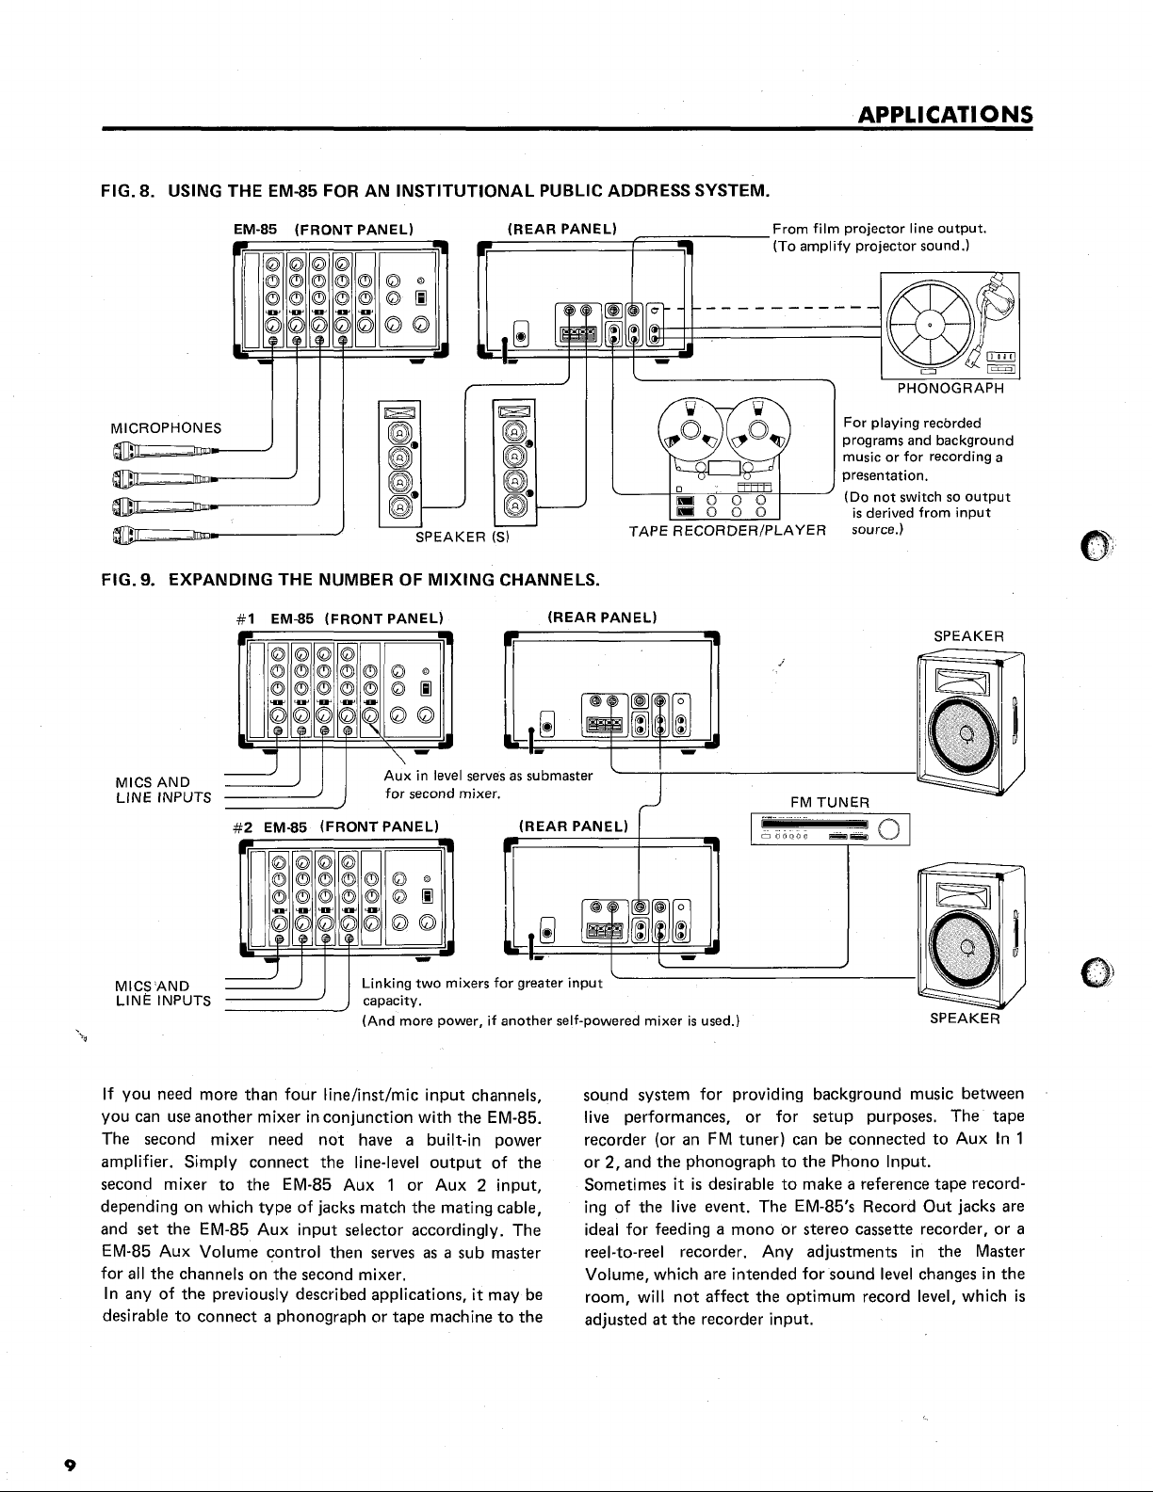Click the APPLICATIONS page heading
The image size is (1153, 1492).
(x=945, y=114)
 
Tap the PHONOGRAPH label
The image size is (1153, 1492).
(x=951, y=388)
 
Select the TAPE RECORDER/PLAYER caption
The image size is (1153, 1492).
(x=727, y=530)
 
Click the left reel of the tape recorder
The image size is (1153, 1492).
(x=690, y=430)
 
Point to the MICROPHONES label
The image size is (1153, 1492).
(x=167, y=428)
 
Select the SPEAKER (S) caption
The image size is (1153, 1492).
(x=463, y=537)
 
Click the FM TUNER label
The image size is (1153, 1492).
(x=830, y=802)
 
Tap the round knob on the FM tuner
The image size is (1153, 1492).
(x=887, y=830)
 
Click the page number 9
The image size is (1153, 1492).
(x=70, y=1466)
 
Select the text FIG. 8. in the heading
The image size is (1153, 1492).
(x=127, y=190)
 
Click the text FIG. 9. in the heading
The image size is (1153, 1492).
(x=128, y=580)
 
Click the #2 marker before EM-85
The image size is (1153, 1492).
(x=243, y=827)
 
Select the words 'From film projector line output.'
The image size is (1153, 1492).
(x=880, y=229)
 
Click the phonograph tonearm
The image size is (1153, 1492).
(x=994, y=316)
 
